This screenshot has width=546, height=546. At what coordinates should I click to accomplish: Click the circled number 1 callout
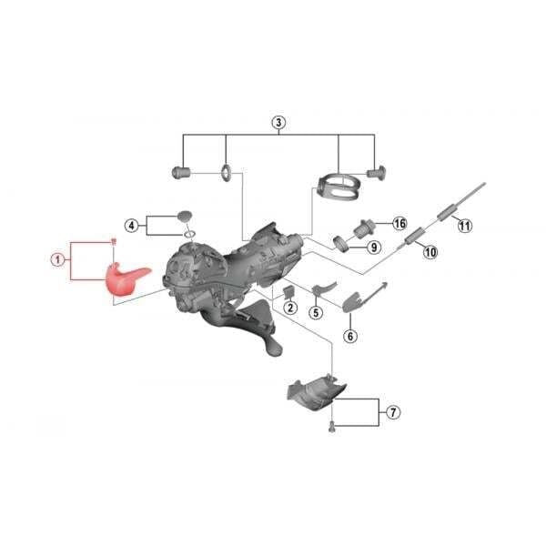pos(58,259)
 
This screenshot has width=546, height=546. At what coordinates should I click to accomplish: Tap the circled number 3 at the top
pos(278,123)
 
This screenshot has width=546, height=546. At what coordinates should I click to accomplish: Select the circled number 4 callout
pos(131,226)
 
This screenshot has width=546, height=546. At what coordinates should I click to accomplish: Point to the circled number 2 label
pos(290,308)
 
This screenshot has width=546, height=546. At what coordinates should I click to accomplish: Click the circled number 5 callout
pos(316,312)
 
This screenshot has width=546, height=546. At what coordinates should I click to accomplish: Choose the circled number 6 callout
pos(350,336)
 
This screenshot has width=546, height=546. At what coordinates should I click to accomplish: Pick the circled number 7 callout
pos(393,412)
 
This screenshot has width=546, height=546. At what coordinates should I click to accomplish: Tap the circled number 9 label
pos(374,248)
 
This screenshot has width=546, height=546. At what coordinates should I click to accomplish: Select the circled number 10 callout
pos(430,251)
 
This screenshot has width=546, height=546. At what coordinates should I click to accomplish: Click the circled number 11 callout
pos(465,226)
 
